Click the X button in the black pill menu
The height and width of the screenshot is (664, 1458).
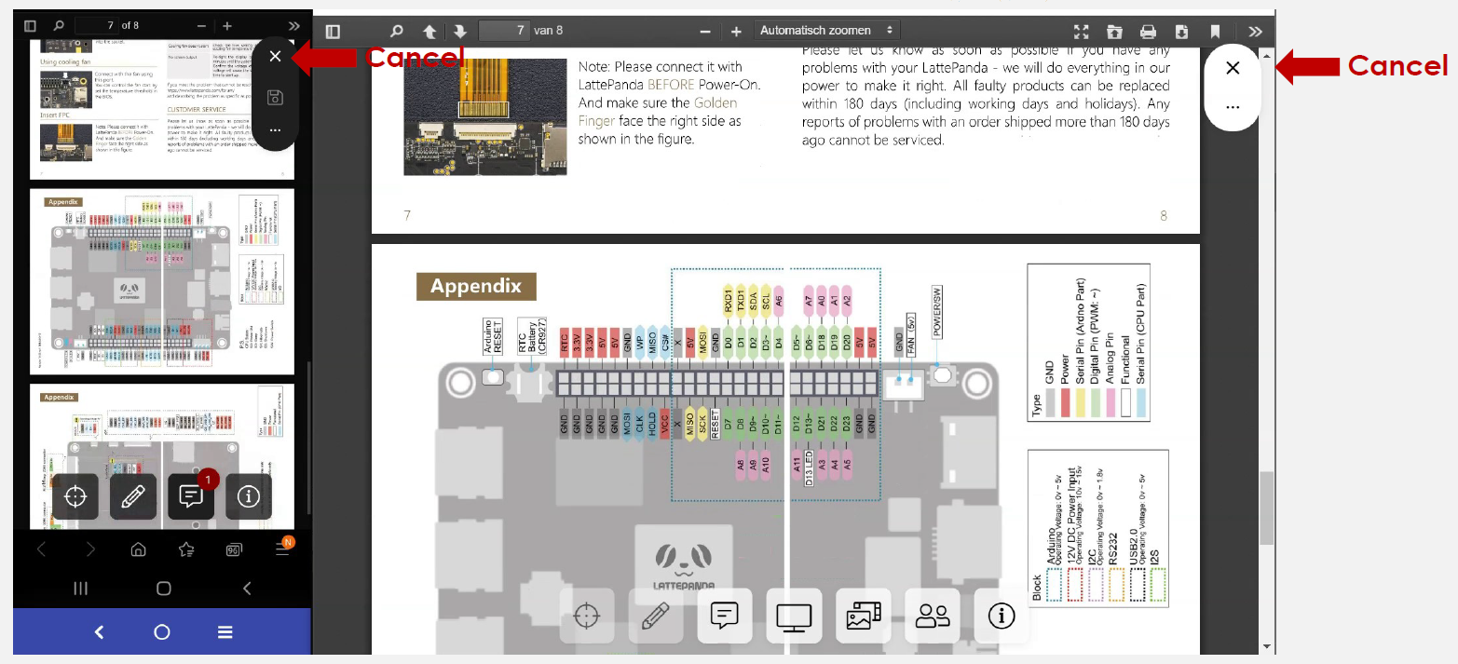(x=275, y=57)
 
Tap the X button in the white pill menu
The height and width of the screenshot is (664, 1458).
(x=1233, y=68)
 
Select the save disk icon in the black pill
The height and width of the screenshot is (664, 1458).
(x=275, y=97)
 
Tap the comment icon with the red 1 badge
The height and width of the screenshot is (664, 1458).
(x=191, y=496)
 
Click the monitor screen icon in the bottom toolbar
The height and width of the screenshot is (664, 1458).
(x=794, y=616)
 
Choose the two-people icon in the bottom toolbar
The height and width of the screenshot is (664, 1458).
(x=932, y=616)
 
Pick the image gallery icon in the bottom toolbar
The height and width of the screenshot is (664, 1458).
(x=864, y=616)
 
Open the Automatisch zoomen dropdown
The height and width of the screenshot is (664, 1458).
(x=826, y=31)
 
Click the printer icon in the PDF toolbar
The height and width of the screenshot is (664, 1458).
(x=1148, y=32)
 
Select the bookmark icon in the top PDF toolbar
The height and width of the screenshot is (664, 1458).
(x=1215, y=32)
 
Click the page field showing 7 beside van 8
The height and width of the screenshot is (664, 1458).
(x=504, y=31)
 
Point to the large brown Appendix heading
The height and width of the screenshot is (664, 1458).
(x=475, y=286)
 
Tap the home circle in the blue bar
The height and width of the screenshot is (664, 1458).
(x=162, y=632)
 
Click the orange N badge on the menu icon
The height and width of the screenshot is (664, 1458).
(x=288, y=542)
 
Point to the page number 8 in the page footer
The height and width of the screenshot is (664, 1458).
(x=1163, y=216)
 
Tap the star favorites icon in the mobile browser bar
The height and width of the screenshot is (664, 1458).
(x=186, y=549)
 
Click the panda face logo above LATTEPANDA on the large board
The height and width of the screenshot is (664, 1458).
(x=684, y=559)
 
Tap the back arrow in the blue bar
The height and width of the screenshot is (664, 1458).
(x=100, y=632)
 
